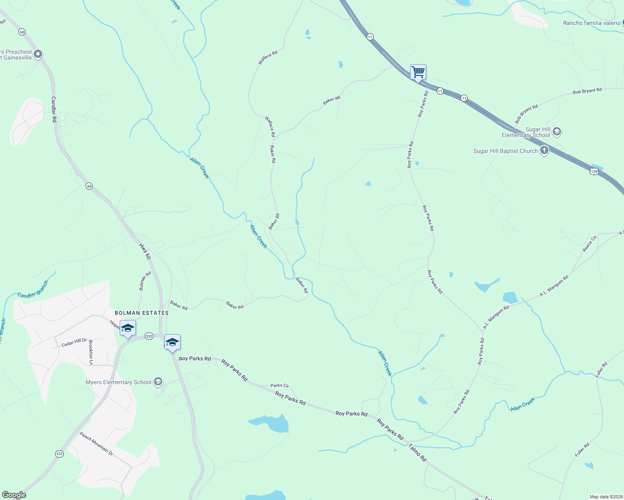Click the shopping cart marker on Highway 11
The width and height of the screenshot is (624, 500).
(418, 72)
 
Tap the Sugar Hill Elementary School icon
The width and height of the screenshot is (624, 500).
(557, 132)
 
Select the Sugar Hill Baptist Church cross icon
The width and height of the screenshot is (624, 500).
(544, 150)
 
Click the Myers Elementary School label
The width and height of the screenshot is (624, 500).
(118, 382)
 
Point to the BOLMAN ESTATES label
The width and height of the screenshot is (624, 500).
(142, 313)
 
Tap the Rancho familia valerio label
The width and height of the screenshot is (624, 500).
(591, 23)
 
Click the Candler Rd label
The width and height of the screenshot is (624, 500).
(54, 109)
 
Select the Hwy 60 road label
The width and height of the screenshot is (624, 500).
(145, 251)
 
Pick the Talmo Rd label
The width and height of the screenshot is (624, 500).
(418, 452)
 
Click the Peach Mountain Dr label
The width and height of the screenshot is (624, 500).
(96, 443)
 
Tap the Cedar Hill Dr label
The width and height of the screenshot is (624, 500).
(74, 342)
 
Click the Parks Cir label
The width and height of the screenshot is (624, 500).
(279, 385)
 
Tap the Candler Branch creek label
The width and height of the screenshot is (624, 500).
(33, 289)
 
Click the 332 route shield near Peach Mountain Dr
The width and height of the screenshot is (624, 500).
(59, 453)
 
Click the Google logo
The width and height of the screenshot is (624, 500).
(14, 495)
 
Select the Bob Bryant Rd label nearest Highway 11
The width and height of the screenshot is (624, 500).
(526, 113)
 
